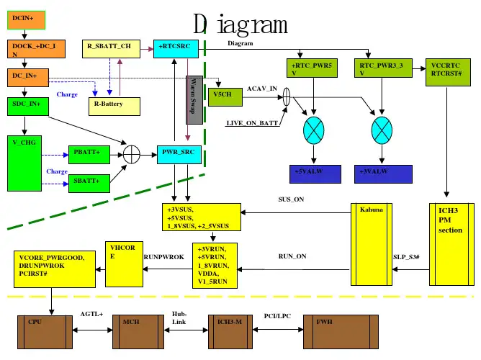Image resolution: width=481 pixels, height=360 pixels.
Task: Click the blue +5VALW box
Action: pyautogui.click(x=315, y=174)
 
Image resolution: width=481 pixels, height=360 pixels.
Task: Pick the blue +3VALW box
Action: pyautogui.click(x=385, y=174)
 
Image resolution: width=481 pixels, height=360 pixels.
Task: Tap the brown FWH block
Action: pyautogui.click(x=338, y=331)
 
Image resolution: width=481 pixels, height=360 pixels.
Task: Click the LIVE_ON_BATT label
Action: pyautogui.click(x=252, y=123)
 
